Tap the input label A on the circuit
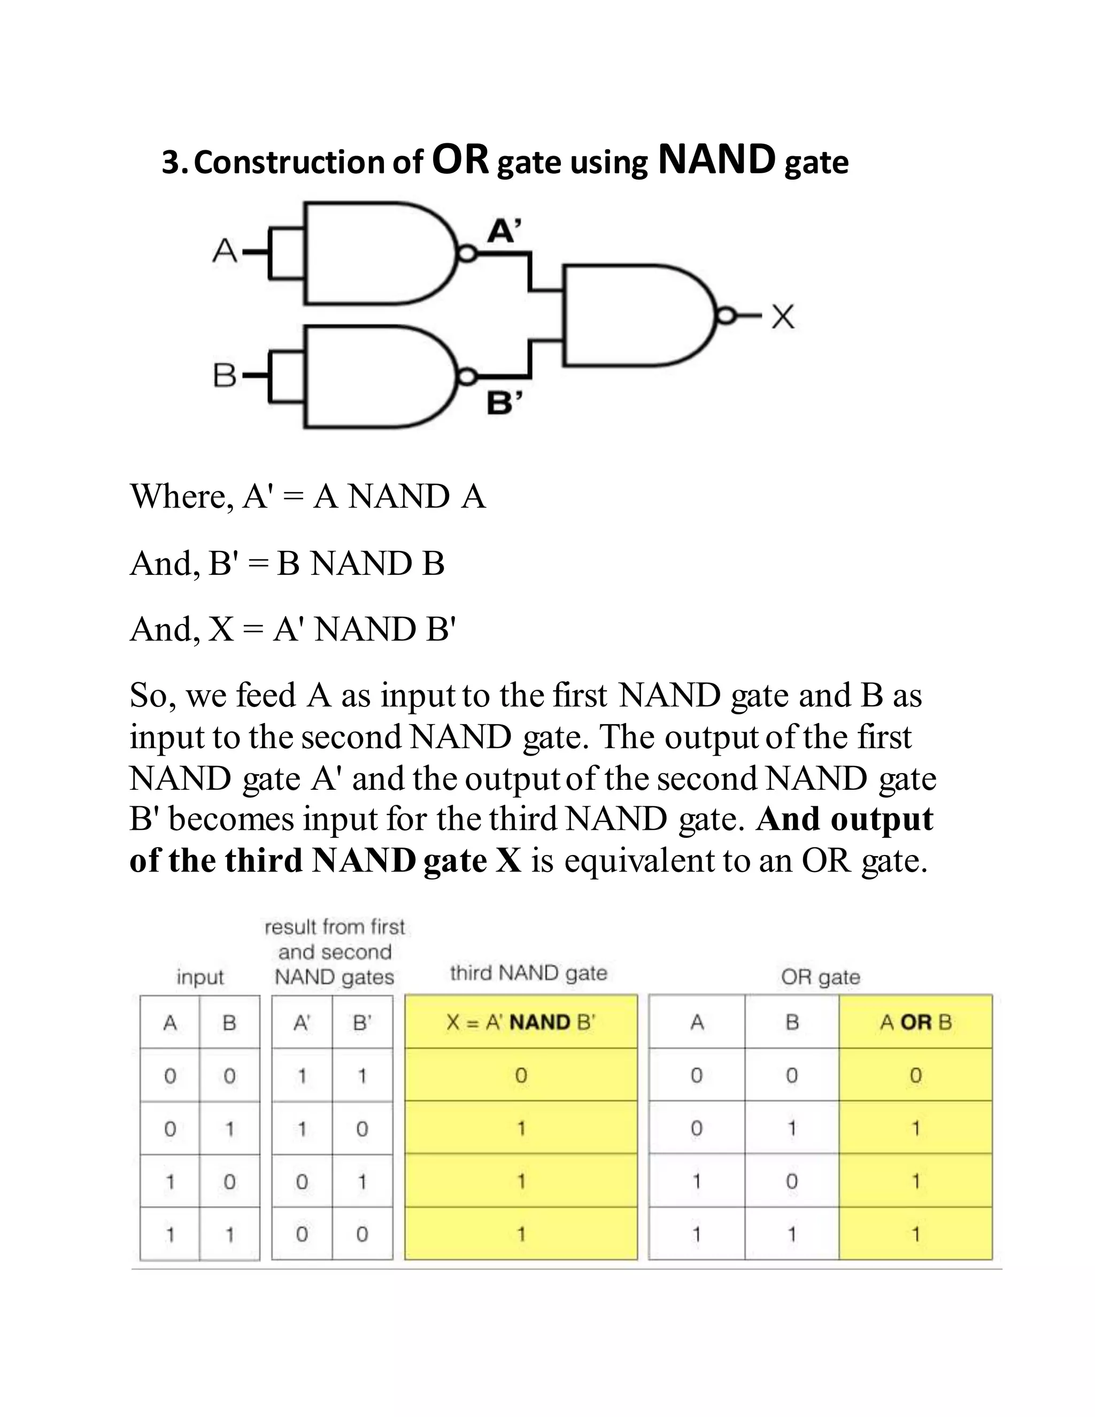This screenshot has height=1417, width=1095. pyautogui.click(x=225, y=250)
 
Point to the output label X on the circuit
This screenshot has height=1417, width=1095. pyautogui.click(x=783, y=317)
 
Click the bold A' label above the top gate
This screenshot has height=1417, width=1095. pyautogui.click(x=504, y=230)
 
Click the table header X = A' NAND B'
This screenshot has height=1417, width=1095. pyautogui.click(x=521, y=1022)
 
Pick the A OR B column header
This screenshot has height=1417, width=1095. pyautogui.click(x=915, y=1022)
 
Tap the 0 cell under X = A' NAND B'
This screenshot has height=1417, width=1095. pyautogui.click(x=521, y=1076)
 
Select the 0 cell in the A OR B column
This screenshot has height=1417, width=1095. pyautogui.click(x=915, y=1076)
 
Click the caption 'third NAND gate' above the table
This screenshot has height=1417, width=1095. pyautogui.click(x=529, y=973)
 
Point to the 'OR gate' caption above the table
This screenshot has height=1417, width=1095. pyautogui.click(x=821, y=977)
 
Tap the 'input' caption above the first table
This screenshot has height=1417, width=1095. pyautogui.click(x=200, y=977)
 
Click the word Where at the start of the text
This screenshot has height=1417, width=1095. pyautogui.click(x=177, y=497)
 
